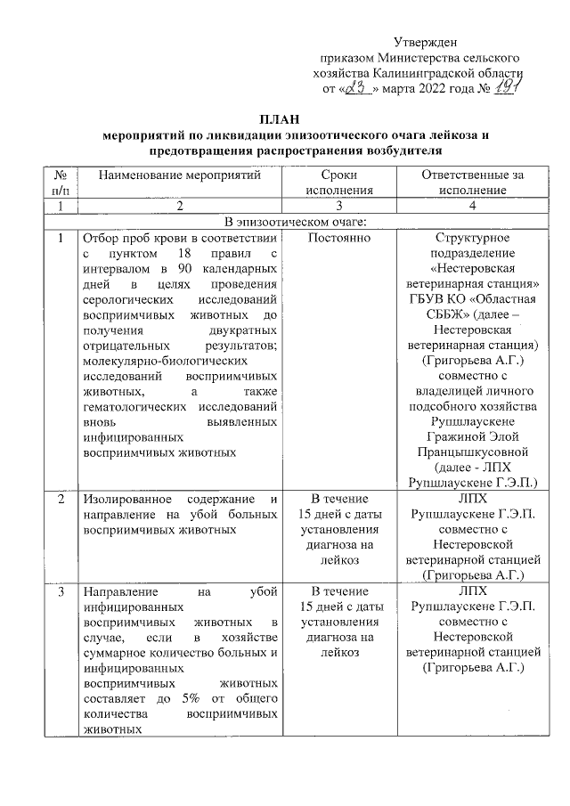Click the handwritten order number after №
[509, 87]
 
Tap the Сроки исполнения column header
[339, 183]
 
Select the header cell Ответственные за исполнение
[473, 183]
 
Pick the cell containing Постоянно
[339, 239]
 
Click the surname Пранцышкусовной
[473, 452]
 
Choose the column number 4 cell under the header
[473, 206]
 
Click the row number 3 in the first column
[61, 590]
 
